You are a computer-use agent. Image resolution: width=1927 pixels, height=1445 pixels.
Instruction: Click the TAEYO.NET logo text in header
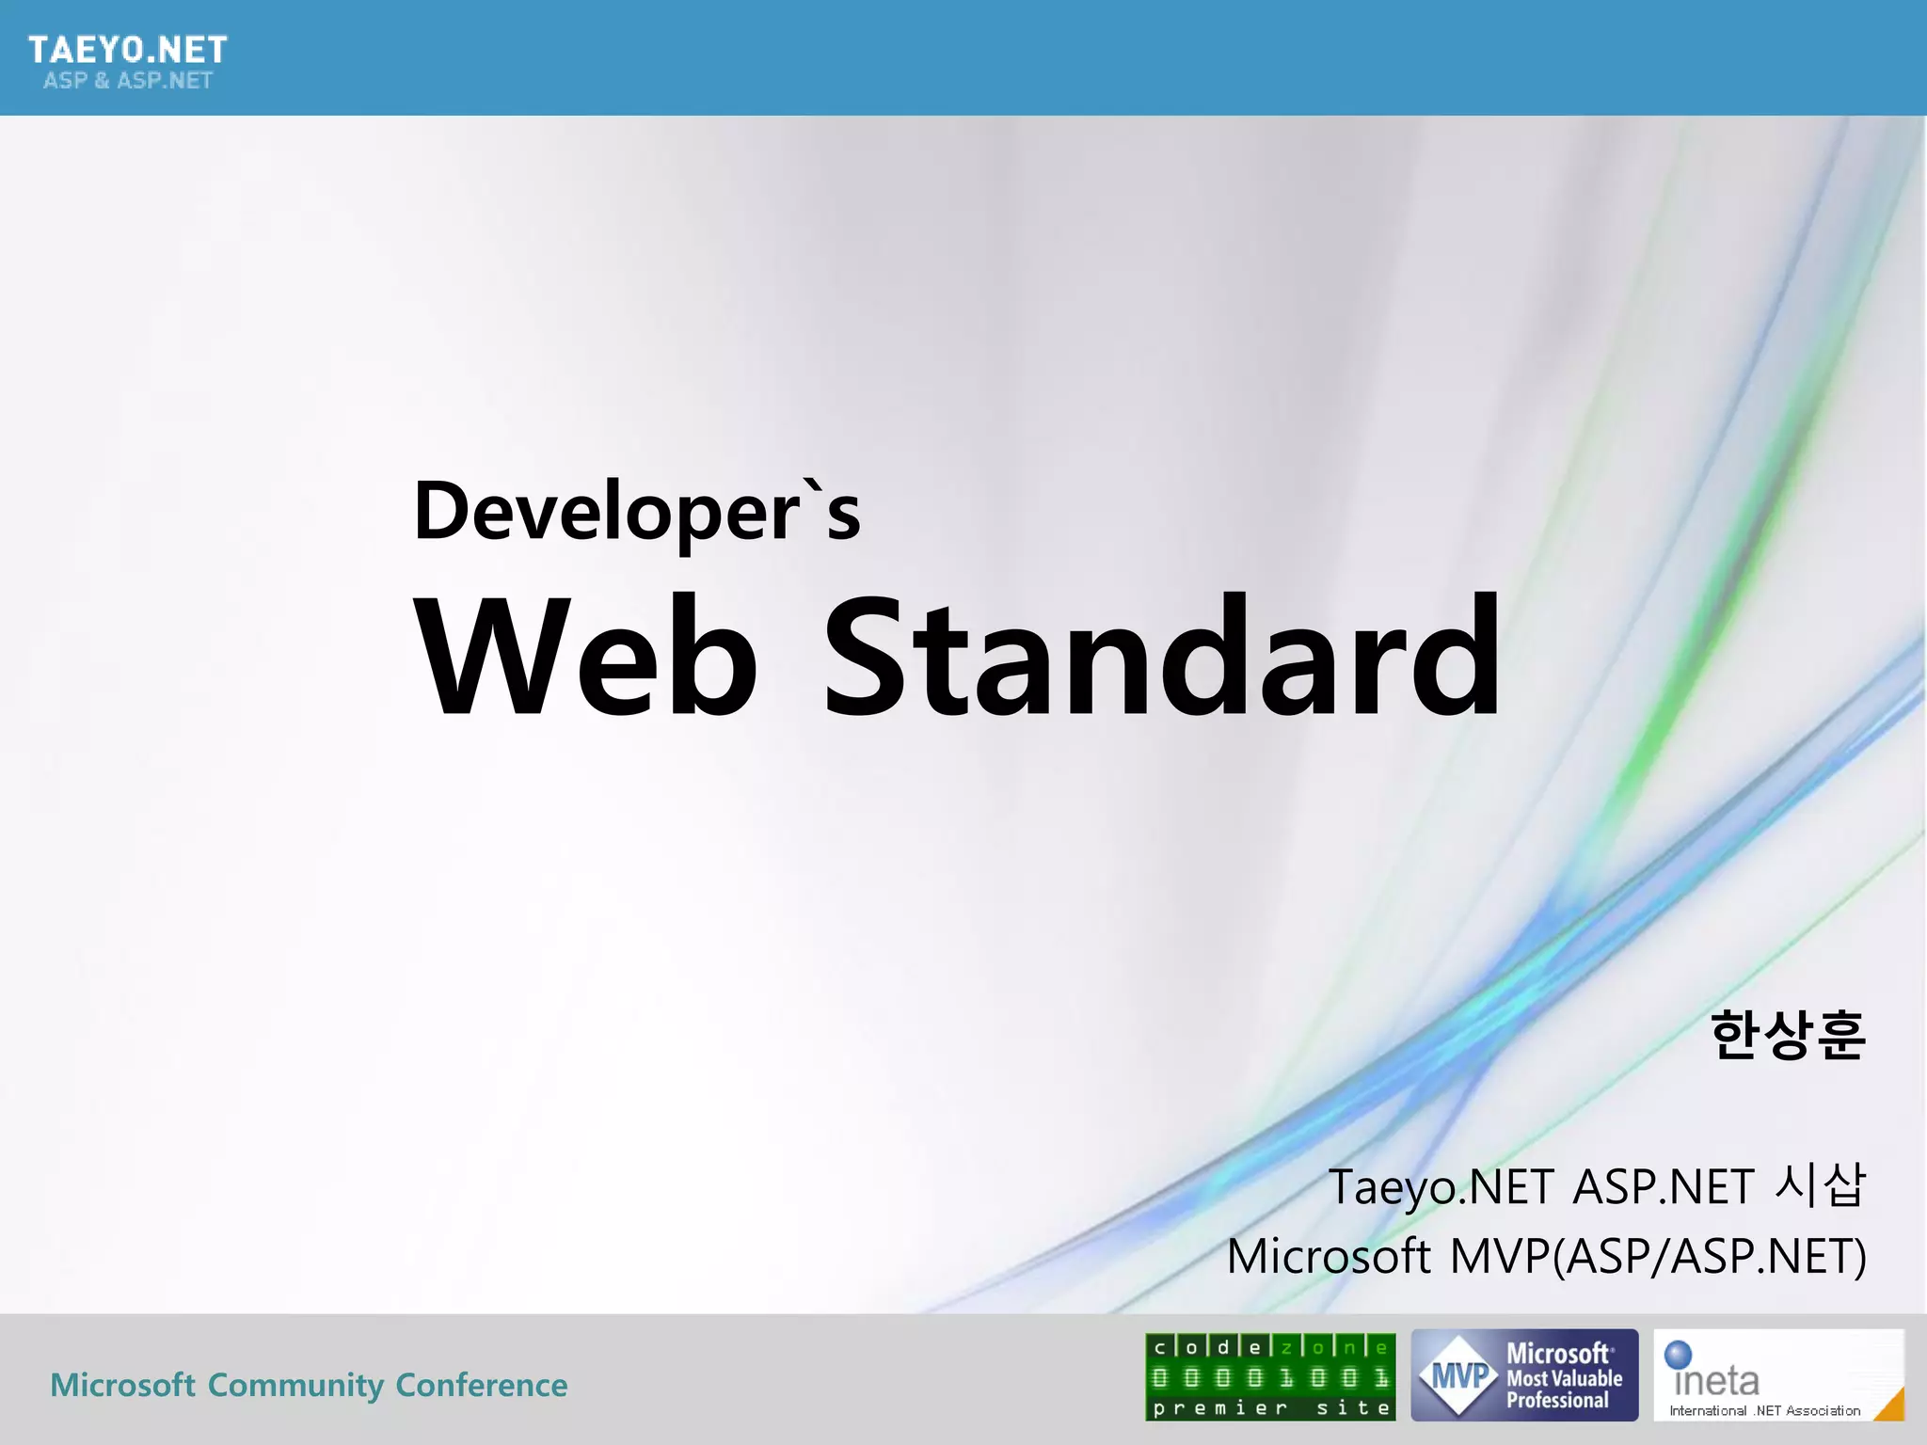(x=128, y=49)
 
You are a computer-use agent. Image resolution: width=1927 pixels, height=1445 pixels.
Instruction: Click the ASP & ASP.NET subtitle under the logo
(x=128, y=81)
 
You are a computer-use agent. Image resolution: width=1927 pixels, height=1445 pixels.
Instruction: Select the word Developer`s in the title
(x=637, y=513)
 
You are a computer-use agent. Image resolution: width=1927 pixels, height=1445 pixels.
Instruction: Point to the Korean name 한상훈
(x=1787, y=1035)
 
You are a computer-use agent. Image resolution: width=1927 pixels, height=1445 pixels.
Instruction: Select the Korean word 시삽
(x=1819, y=1184)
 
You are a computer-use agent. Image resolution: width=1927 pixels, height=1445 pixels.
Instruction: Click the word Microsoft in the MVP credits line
(x=1329, y=1257)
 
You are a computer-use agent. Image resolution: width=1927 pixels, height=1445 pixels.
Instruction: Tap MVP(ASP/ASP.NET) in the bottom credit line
(x=1658, y=1257)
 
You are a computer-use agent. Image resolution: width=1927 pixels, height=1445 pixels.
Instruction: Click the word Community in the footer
(x=295, y=1385)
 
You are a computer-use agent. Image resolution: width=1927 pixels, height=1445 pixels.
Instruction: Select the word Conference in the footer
(x=481, y=1385)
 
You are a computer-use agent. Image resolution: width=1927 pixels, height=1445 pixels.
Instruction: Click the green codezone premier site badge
(x=1270, y=1376)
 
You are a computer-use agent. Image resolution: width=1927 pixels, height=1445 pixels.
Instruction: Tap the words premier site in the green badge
(x=1270, y=1408)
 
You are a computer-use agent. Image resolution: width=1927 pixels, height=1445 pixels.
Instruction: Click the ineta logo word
(x=1716, y=1381)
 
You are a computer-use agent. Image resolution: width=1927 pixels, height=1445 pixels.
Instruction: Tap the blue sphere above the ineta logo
(x=1678, y=1354)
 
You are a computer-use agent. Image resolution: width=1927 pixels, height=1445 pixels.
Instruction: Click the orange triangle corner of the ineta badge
(x=1892, y=1406)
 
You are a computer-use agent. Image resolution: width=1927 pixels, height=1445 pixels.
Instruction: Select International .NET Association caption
(x=1764, y=1411)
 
